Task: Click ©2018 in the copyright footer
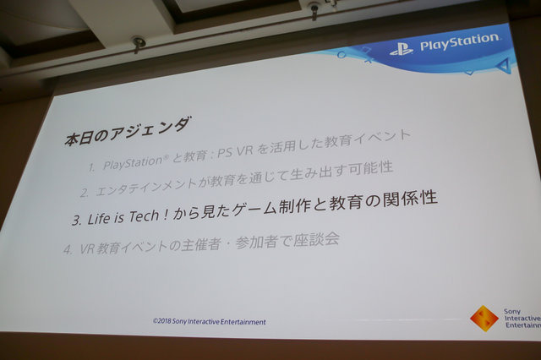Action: [x=164, y=322]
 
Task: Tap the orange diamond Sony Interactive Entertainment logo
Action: [x=484, y=318]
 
